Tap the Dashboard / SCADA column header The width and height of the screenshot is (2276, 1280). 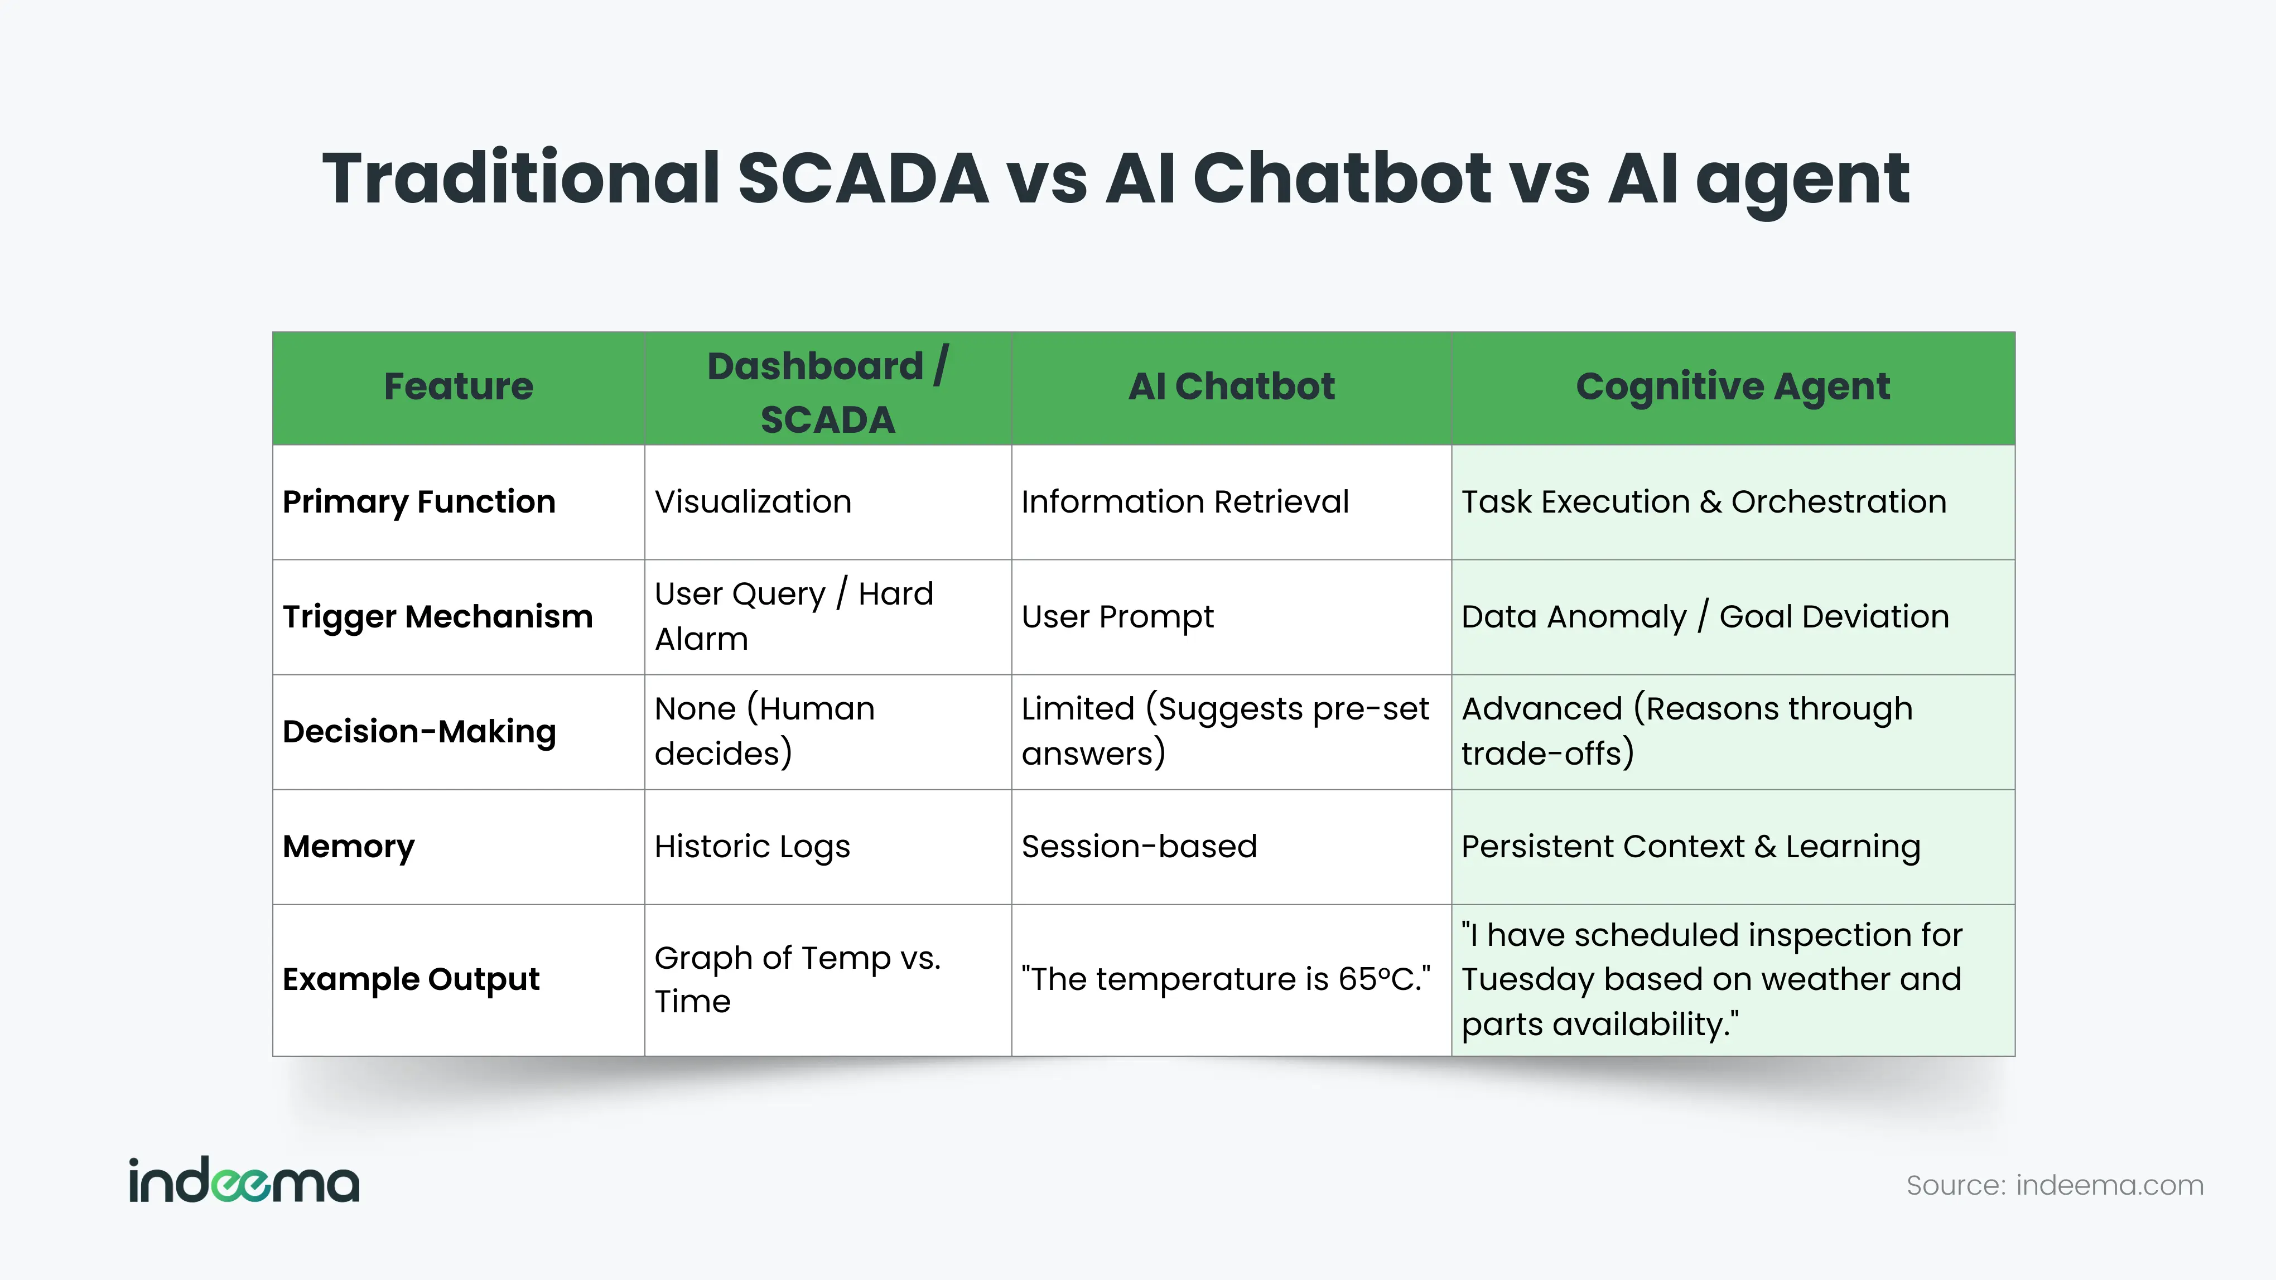(828, 392)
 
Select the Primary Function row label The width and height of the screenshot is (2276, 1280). (419, 502)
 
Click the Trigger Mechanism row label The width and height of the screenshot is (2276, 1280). (437, 617)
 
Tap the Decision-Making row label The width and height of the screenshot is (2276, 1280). (419, 731)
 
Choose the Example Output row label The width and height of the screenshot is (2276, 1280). (411, 979)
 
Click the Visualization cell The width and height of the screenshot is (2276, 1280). (753, 502)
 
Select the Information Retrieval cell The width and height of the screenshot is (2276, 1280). (1185, 502)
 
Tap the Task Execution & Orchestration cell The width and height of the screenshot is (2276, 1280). (1704, 502)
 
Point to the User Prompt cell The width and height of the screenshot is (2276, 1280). (1118, 617)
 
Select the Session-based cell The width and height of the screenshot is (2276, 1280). (1139, 846)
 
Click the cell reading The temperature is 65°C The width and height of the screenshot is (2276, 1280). (1226, 979)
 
